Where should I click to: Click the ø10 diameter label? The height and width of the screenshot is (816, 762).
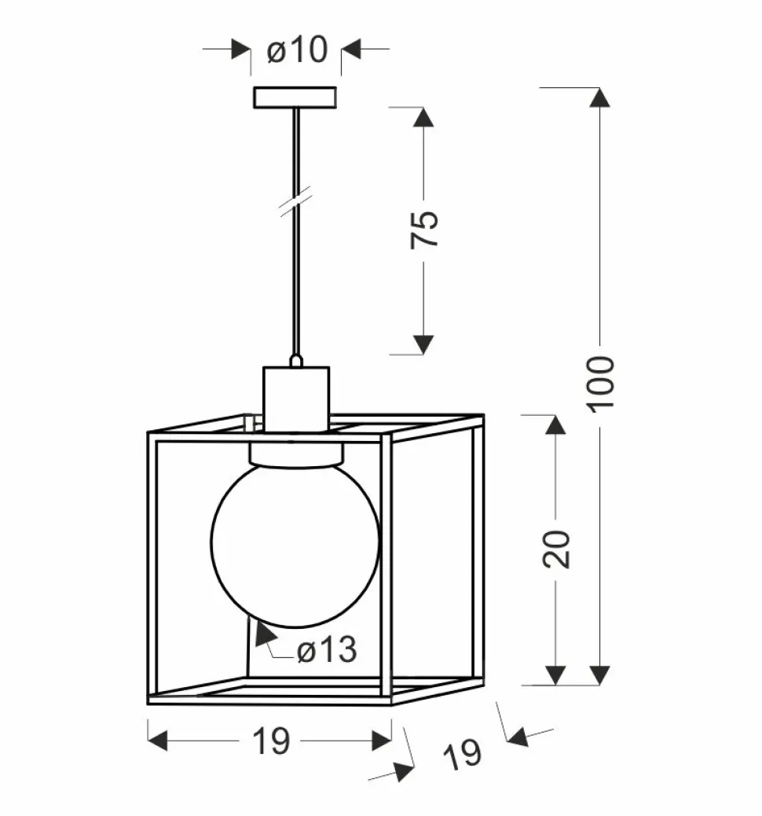[x=297, y=50]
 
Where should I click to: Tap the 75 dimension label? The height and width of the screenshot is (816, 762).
[x=424, y=230]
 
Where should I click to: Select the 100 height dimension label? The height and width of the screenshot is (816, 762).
[x=601, y=384]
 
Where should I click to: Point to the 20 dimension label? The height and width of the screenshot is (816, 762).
[x=556, y=549]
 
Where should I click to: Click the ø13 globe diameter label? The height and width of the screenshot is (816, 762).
[x=327, y=650]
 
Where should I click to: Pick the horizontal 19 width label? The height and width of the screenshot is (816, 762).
[x=271, y=741]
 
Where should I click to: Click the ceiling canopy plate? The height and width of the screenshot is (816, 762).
[x=295, y=97]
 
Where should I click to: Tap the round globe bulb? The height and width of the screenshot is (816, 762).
[x=295, y=544]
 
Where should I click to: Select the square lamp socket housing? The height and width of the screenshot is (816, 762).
[x=296, y=399]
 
